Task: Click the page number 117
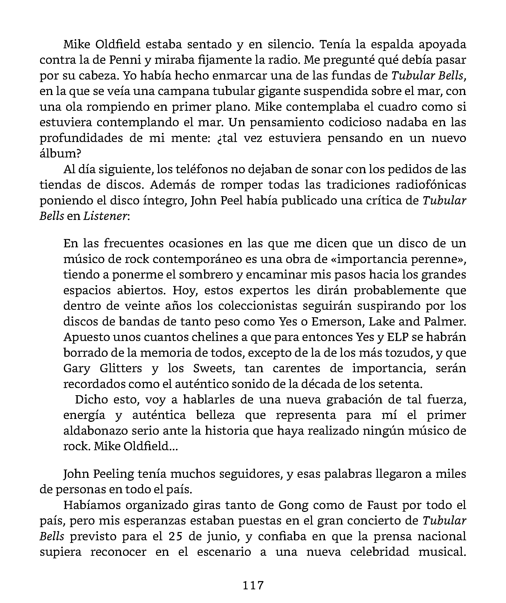pos(253,585)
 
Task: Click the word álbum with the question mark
pos(60,154)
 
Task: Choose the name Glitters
pos(121,368)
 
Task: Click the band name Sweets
pos(214,368)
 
